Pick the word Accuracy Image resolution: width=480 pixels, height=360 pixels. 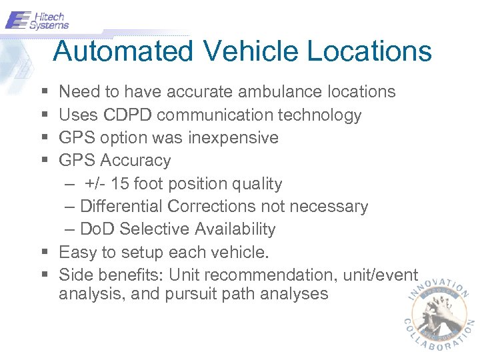click(135, 161)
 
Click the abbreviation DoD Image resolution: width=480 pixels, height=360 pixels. click(95, 229)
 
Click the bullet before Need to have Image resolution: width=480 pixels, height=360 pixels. click(43, 92)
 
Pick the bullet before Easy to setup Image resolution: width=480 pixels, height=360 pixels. click(43, 253)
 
